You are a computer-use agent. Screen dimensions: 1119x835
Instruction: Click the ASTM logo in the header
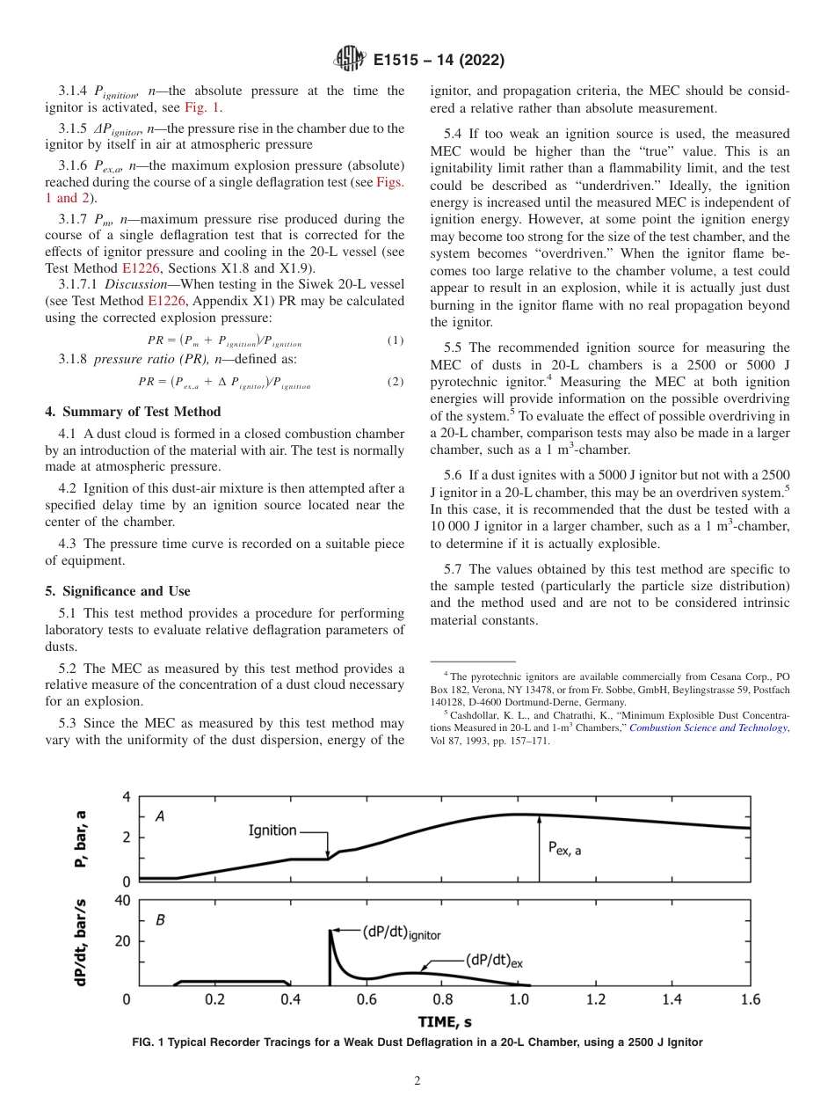350,60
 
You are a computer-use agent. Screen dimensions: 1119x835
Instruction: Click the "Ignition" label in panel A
272,830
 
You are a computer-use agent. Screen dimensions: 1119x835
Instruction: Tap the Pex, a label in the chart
564,849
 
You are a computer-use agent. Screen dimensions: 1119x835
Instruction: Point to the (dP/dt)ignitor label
401,932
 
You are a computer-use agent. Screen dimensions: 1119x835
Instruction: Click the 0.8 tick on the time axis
443,999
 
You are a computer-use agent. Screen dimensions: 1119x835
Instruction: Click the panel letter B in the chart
160,921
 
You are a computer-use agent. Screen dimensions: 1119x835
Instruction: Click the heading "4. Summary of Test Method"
133,412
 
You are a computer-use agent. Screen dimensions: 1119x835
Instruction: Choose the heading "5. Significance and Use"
118,590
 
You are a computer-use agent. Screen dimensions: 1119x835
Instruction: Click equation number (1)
396,340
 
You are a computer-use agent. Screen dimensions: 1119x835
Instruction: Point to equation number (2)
396,382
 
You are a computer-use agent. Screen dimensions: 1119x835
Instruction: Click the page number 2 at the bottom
417,1081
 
